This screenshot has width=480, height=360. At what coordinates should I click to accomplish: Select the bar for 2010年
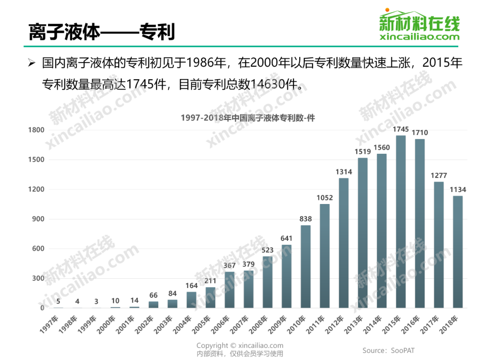pyautogui.click(x=305, y=266)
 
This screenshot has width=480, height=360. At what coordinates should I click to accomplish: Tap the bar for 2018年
pyautogui.click(x=457, y=252)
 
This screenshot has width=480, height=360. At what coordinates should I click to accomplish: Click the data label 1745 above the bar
pyautogui.click(x=400, y=129)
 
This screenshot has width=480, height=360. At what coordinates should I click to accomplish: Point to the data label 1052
pyautogui.click(x=324, y=198)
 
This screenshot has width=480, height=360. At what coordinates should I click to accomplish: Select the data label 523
pyautogui.click(x=268, y=250)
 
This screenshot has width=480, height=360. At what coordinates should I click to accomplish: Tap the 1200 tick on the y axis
pyautogui.click(x=36, y=189)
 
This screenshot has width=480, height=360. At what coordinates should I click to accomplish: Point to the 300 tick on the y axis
pyautogui.click(x=38, y=278)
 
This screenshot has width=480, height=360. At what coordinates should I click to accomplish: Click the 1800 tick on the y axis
pyautogui.click(x=36, y=130)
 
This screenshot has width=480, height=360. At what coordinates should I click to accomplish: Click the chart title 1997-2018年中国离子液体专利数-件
pyautogui.click(x=248, y=118)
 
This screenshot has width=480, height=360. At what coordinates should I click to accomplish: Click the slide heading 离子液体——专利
pyautogui.click(x=102, y=32)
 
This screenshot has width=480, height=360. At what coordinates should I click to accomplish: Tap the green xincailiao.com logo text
pyautogui.click(x=420, y=37)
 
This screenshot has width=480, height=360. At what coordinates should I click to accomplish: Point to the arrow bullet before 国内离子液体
pyautogui.click(x=31, y=63)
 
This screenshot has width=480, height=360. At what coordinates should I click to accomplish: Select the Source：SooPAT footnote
pyautogui.click(x=388, y=350)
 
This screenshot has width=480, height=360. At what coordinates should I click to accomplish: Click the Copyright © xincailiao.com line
pyautogui.click(x=240, y=345)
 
